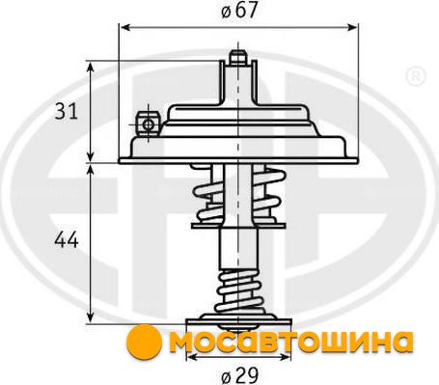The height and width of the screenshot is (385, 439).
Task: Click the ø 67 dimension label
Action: click(x=239, y=11)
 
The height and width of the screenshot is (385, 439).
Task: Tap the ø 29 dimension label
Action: click(x=240, y=375)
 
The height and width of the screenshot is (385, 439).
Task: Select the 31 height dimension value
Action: click(x=67, y=111)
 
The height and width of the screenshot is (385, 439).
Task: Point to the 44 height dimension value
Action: click(x=67, y=240)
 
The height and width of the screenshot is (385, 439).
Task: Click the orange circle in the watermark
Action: click(x=144, y=342)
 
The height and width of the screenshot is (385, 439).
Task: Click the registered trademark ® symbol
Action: click(x=416, y=77)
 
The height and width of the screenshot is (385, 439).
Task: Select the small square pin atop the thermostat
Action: click(x=237, y=57)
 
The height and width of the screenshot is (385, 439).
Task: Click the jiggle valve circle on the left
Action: click(x=148, y=124)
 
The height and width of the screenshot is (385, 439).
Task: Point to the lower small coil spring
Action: click(x=239, y=291)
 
